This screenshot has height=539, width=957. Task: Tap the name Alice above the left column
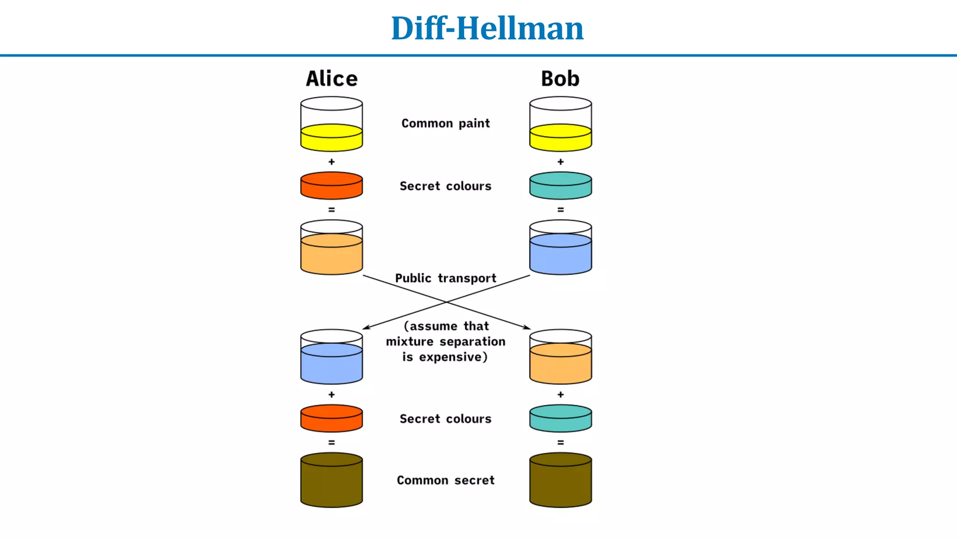pos(331,79)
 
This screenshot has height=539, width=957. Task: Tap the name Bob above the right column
pos(560,79)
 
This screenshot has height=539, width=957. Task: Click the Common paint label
pos(445,124)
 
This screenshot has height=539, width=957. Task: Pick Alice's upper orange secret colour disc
pos(331,185)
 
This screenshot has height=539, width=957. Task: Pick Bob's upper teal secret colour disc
pos(560,185)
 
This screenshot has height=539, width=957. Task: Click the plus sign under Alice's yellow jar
pos(331,162)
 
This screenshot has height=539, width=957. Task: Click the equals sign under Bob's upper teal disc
pos(560,210)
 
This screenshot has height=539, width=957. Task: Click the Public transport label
pos(445,278)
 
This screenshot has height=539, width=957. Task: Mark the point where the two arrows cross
pos(446,302)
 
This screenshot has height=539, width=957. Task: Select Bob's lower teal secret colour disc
pos(560,418)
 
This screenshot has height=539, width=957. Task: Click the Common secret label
pos(445,481)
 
